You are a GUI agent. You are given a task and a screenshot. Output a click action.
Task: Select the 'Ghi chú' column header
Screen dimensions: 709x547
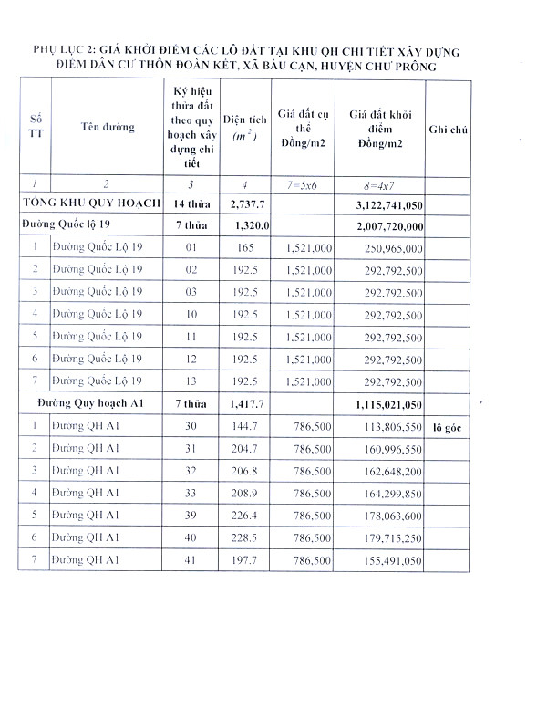point(447,130)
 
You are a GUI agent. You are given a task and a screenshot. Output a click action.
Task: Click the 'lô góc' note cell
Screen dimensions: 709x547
point(447,426)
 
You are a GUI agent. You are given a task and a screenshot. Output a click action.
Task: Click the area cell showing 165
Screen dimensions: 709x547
point(243,247)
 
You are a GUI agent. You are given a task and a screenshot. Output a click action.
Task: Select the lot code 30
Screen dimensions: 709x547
point(191,426)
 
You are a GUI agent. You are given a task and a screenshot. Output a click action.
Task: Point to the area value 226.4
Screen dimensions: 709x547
point(243,515)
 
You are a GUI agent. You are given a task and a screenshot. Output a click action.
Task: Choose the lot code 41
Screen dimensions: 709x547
point(191,559)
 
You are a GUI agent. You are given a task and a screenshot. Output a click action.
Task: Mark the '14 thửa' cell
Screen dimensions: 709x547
point(191,203)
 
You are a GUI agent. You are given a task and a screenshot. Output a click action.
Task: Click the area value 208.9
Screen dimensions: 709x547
point(243,493)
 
